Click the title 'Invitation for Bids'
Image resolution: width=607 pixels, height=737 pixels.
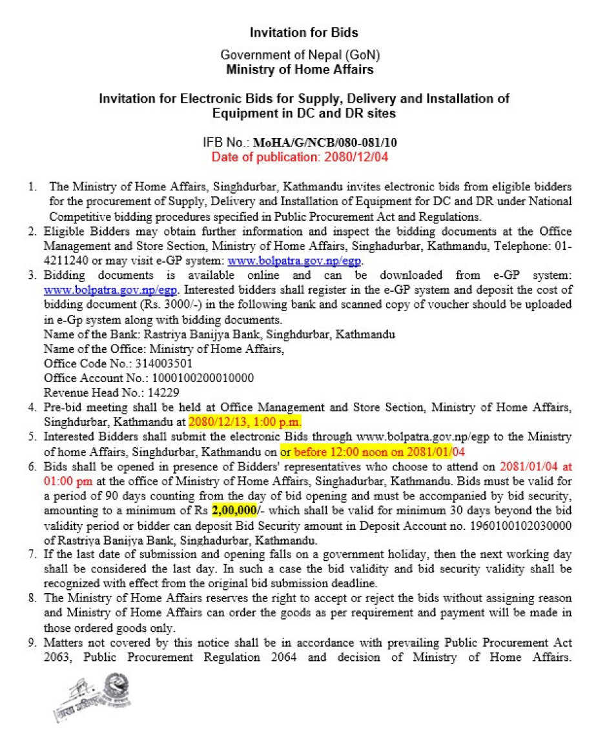(303, 32)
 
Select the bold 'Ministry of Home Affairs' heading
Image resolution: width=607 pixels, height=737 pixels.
(300, 70)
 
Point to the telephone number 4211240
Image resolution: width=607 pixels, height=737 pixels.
(64, 261)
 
